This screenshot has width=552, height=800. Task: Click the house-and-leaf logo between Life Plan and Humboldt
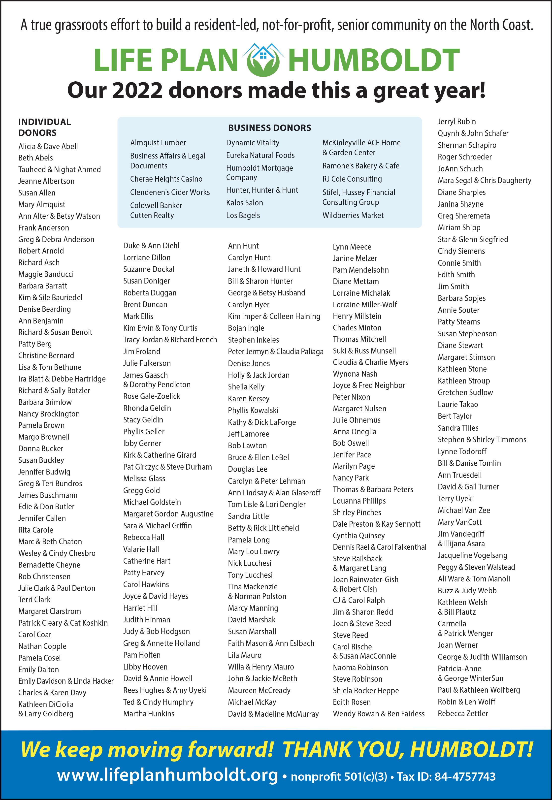point(263,60)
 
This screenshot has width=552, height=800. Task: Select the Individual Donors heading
point(44,127)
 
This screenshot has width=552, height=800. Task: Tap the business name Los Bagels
point(243,215)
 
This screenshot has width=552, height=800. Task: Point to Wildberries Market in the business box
point(353,215)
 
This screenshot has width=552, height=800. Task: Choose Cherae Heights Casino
point(166,179)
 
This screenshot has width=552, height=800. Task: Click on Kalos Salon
point(245,203)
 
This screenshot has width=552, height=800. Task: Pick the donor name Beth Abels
point(36,158)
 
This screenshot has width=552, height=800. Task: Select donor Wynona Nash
point(355,374)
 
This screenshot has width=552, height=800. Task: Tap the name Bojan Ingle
point(246,328)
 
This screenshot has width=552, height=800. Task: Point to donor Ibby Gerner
point(142,443)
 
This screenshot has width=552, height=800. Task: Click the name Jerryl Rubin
point(456,122)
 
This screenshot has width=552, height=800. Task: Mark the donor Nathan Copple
point(42,646)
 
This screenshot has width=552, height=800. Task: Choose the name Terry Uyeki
point(455,499)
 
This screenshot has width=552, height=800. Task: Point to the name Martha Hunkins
point(149,714)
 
